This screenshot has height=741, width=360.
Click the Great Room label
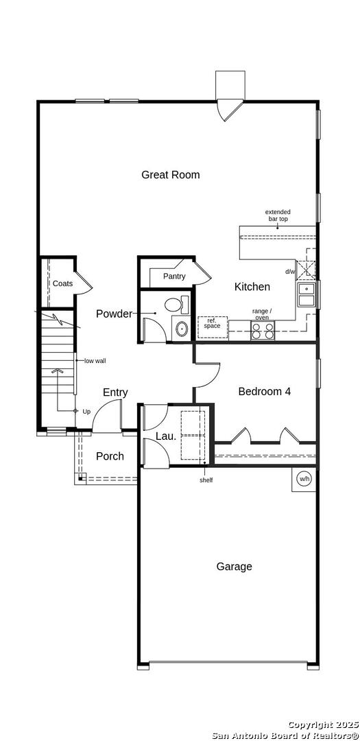[171, 175]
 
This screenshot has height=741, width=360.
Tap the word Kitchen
[252, 287]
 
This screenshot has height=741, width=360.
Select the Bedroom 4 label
[264, 391]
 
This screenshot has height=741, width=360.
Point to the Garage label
[234, 567]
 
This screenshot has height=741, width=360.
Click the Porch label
[110, 456]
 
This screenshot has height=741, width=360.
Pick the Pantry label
[174, 277]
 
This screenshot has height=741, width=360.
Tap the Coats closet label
[62, 283]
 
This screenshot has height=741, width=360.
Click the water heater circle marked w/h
[304, 479]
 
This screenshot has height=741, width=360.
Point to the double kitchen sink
[307, 294]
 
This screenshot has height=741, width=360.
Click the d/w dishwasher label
[289, 272]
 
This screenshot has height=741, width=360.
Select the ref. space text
[212, 323]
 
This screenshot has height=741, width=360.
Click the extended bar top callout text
[277, 215]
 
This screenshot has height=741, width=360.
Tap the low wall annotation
[95, 361]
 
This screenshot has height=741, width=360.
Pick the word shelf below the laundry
[206, 480]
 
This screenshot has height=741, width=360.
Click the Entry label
[115, 392]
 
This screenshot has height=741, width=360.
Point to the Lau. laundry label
[166, 436]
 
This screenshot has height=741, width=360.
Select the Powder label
[114, 314]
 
